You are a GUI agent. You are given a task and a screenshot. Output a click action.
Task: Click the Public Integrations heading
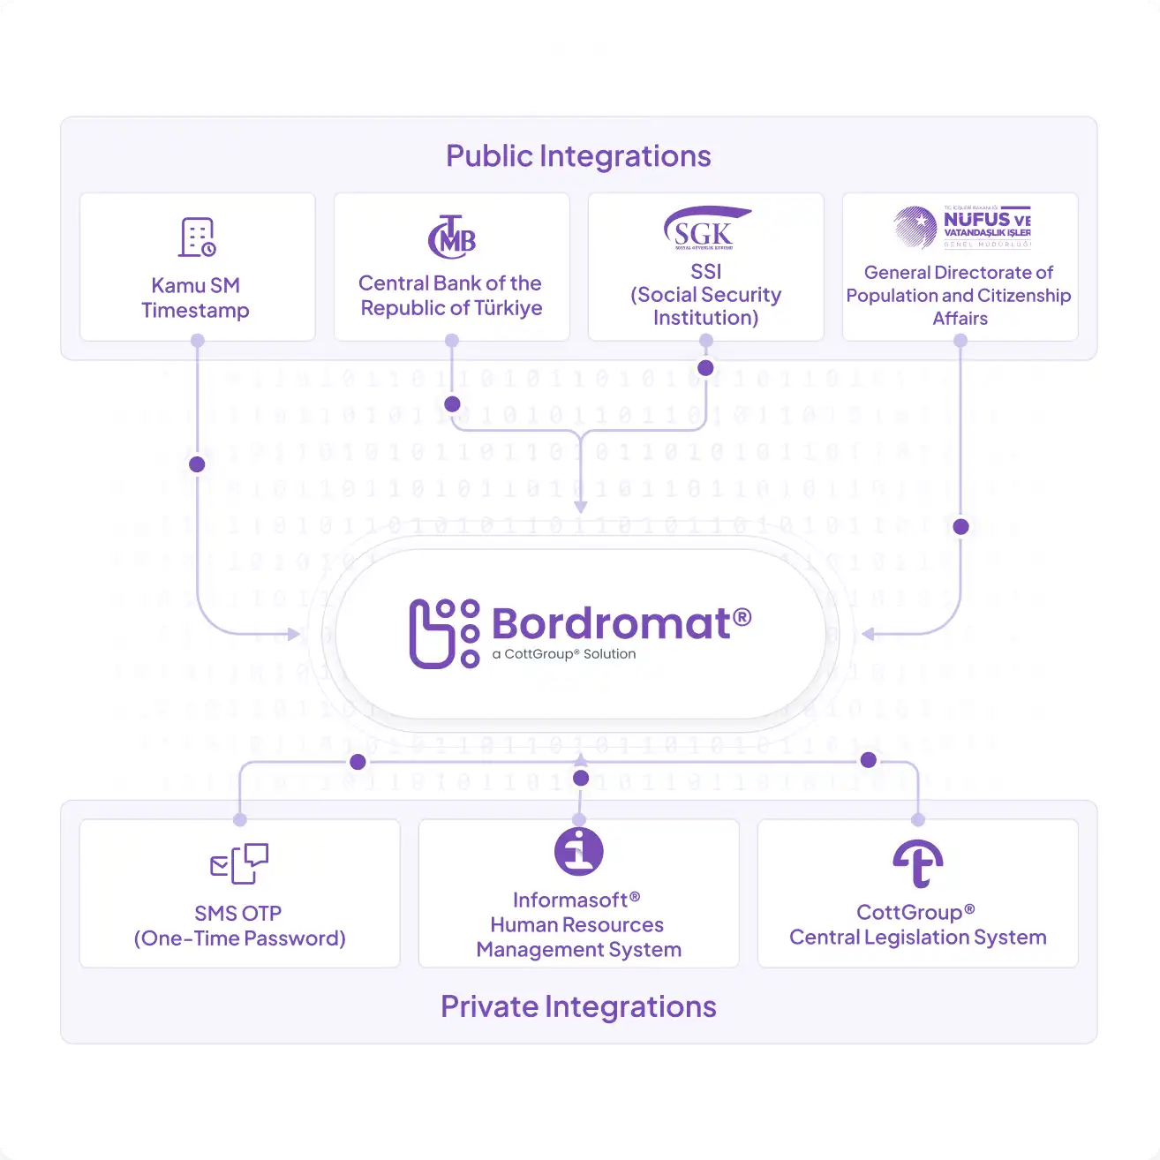(x=578, y=156)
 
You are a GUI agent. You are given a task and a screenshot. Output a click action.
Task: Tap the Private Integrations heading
(x=578, y=1006)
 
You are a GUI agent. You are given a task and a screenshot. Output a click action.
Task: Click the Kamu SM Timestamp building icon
(x=198, y=237)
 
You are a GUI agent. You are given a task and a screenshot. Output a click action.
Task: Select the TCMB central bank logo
(x=452, y=237)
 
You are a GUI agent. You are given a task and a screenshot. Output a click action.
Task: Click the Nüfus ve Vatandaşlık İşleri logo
(x=961, y=227)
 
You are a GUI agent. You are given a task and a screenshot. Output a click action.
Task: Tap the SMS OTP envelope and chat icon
(x=239, y=863)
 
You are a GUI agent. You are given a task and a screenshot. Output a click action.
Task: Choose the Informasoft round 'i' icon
(x=579, y=851)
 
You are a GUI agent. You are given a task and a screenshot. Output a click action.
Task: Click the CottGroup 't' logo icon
(x=918, y=862)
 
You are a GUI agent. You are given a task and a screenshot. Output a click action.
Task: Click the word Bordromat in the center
(x=610, y=623)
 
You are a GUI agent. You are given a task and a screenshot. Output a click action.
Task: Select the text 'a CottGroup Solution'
(x=564, y=654)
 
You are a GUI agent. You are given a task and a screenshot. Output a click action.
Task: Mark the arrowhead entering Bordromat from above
(x=580, y=507)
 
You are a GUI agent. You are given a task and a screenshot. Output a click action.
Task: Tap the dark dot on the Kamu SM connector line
(x=197, y=464)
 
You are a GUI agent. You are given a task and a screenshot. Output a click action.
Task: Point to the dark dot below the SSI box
(x=705, y=368)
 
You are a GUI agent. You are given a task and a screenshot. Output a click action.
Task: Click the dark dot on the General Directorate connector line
(x=961, y=527)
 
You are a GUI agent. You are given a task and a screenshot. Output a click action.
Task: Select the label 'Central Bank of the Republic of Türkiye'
(x=451, y=296)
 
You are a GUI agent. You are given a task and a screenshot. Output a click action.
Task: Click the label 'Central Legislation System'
(x=918, y=938)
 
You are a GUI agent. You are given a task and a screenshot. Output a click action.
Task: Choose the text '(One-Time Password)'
(x=239, y=938)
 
